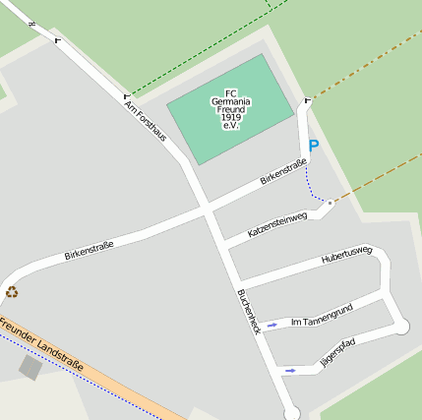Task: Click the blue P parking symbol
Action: (314, 146)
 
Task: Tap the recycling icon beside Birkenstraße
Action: (12, 290)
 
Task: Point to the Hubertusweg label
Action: (347, 257)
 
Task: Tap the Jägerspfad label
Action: (337, 353)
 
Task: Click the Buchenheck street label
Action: (249, 312)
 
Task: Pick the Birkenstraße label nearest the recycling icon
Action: (89, 250)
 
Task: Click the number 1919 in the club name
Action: (232, 117)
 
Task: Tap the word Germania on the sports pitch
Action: (232, 101)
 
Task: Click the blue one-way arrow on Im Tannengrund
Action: (271, 324)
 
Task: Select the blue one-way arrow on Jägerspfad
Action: (289, 371)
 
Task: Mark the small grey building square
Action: (30, 368)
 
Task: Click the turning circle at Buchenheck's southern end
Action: (291, 413)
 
